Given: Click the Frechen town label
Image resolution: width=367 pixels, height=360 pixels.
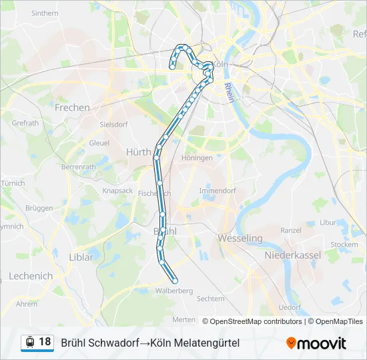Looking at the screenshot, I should coord(72,107).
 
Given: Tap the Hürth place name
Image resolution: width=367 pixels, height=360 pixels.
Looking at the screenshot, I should coord(139,152).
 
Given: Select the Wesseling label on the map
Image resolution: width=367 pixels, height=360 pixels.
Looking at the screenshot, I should coord(240,237).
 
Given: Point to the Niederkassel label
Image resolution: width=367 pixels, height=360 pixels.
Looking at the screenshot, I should coord(293,255).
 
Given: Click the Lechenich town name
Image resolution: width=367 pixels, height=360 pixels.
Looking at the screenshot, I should coord(31,276).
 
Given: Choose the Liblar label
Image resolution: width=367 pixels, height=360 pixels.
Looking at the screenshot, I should coord(81,256).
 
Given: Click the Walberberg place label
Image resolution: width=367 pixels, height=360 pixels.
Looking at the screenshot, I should coord(173,291).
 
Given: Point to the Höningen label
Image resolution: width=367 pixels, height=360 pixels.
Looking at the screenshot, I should coord(197,158).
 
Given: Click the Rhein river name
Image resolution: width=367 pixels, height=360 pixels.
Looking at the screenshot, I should coord(228,89).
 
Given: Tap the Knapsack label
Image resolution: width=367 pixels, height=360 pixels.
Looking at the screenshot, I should coord(117,190).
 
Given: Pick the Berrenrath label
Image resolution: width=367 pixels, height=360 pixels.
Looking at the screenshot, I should coord(78,167).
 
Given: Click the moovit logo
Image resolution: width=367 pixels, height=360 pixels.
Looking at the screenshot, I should coord(316,343).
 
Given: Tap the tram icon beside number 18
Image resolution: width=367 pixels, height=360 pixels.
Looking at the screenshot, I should coord(29,342).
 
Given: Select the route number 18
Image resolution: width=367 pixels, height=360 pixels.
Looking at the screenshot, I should coord(45,342).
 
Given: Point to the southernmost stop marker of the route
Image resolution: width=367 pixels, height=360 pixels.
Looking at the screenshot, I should coord(175,280).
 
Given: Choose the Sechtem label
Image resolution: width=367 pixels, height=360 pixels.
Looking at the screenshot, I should coord(211,299).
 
